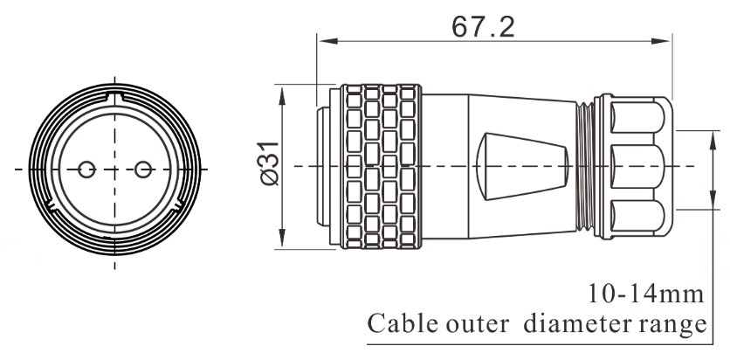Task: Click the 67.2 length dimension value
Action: [x=483, y=25]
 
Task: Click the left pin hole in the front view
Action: [x=86, y=169]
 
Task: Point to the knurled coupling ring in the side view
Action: [x=381, y=166]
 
